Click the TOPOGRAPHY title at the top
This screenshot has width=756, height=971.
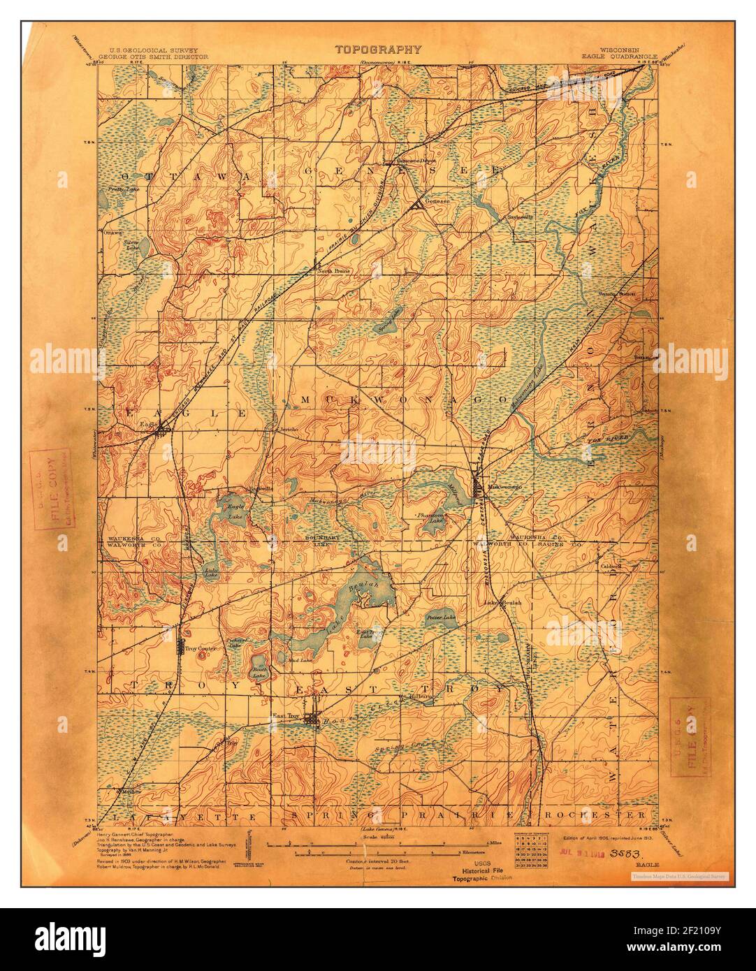(378, 50)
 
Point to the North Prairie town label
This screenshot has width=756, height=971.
(334, 270)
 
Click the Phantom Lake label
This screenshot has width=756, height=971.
(431, 518)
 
